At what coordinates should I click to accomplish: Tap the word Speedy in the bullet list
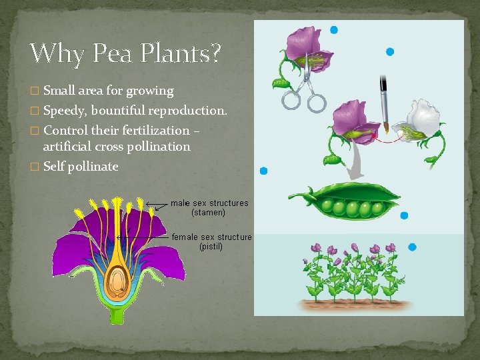coord(64,110)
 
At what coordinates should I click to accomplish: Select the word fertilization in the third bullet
coord(157,130)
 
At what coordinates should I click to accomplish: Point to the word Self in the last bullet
coord(55,166)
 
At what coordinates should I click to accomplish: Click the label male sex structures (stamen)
coord(209,207)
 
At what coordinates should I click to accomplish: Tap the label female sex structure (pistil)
coord(211,241)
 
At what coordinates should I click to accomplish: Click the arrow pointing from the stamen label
coord(157,204)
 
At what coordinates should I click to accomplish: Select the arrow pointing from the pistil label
coord(143,237)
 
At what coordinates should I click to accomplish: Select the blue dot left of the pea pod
coord(263,171)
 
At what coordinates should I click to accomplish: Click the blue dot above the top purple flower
coord(334,30)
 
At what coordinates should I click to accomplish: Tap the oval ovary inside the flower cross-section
coord(119,281)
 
